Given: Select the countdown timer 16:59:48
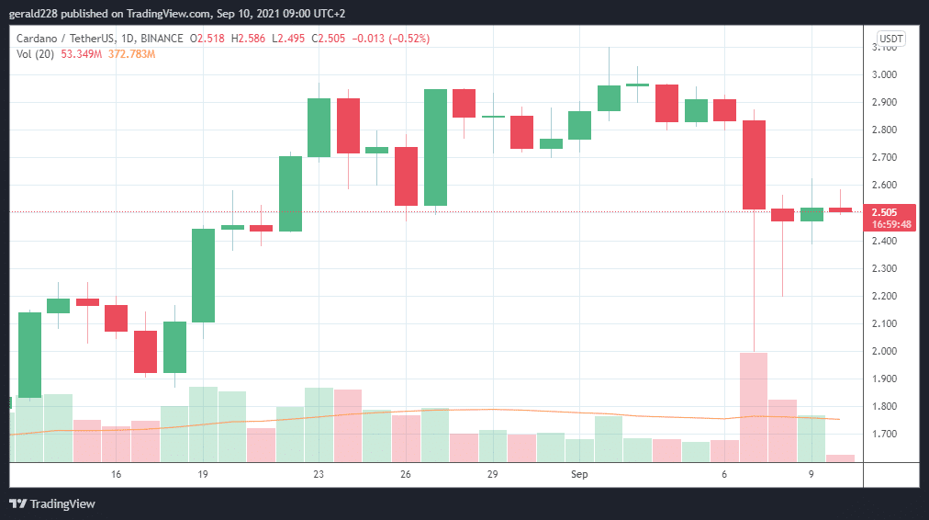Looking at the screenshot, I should (x=890, y=224).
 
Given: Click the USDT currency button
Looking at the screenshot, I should (x=890, y=39).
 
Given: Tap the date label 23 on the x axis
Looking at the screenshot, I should (x=319, y=474).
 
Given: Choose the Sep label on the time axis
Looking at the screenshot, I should (x=579, y=474).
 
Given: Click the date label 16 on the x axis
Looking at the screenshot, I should (x=116, y=474).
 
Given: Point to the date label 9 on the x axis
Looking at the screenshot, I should (x=811, y=474).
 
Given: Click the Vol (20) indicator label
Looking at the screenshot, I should (x=34, y=54).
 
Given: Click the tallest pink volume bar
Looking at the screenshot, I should (x=754, y=406).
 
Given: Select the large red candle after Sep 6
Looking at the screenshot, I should (x=754, y=165).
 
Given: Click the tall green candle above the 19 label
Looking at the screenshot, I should (x=203, y=276).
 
